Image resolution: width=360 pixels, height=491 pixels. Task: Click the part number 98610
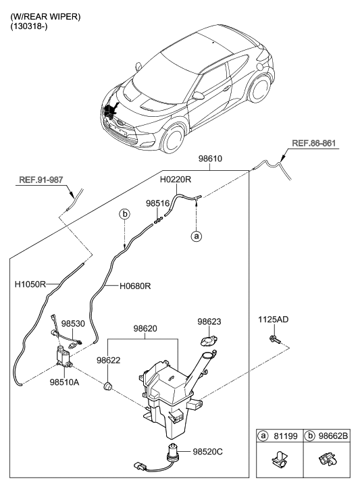(x=210, y=159)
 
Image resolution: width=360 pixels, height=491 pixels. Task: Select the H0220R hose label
(x=176, y=180)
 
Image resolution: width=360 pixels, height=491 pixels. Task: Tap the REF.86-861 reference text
(x=313, y=143)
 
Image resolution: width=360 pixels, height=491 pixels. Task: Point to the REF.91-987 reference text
(x=41, y=180)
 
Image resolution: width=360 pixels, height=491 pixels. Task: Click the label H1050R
(x=30, y=284)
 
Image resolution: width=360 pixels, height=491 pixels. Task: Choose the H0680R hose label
(x=135, y=286)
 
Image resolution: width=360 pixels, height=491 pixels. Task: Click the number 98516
(x=157, y=203)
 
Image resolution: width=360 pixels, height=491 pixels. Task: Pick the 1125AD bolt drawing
(x=274, y=339)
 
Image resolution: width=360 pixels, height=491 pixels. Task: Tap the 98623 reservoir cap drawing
(x=209, y=340)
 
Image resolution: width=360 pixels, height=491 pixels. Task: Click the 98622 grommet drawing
(x=107, y=386)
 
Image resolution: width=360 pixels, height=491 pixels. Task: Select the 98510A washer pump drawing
(x=64, y=357)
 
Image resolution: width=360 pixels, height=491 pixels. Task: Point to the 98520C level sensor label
(x=207, y=452)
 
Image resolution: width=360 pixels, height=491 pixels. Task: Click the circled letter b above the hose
(x=124, y=214)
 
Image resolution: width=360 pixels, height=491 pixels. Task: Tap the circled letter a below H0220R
(x=197, y=236)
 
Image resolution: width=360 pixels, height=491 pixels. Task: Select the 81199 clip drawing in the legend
(x=280, y=460)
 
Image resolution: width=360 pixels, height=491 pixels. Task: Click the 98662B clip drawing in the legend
(x=328, y=459)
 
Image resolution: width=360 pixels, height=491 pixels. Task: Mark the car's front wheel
(x=172, y=138)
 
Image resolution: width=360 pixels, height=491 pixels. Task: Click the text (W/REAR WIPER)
(x=45, y=17)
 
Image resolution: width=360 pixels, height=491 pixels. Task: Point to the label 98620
(x=145, y=328)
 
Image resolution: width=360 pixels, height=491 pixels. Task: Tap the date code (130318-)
(x=29, y=26)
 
